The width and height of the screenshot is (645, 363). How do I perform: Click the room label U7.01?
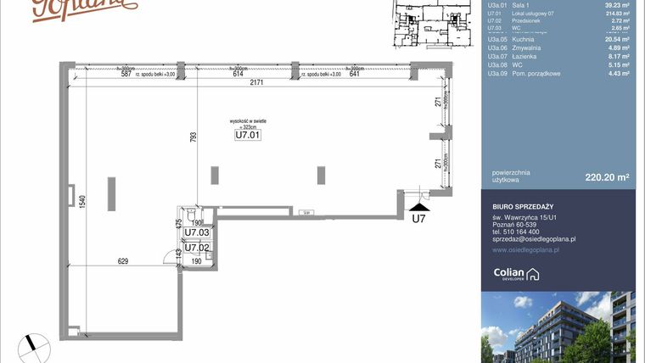[x=247, y=133]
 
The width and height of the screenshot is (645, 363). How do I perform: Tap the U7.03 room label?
[x=197, y=232]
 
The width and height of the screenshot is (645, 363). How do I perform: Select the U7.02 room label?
[x=197, y=248]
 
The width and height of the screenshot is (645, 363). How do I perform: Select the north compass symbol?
[x=33, y=344]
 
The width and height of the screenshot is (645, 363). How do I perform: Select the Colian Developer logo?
[x=516, y=273]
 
